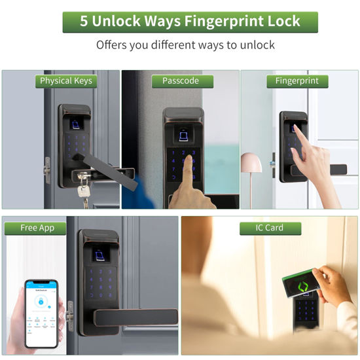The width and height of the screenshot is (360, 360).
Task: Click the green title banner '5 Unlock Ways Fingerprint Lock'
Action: (x=190, y=22)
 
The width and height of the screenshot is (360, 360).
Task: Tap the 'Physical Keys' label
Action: (x=66, y=81)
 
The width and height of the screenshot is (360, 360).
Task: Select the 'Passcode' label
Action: (x=179, y=81)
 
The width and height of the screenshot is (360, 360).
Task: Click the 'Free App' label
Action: (x=37, y=228)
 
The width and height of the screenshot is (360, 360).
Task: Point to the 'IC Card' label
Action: (x=270, y=228)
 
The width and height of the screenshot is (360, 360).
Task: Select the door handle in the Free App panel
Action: (x=134, y=317)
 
